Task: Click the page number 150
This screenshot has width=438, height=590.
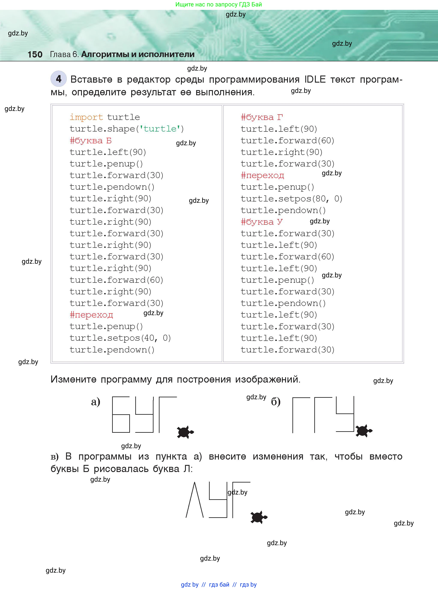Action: coord(35,54)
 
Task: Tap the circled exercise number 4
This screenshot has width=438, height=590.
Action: coord(58,79)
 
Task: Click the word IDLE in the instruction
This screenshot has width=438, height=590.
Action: coord(315,79)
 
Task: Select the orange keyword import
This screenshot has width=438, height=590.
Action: coord(86,117)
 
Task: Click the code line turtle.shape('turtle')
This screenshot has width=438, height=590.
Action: coord(126,129)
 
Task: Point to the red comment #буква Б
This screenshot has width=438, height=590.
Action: coord(90,140)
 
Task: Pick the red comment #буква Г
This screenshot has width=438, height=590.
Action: coord(262,117)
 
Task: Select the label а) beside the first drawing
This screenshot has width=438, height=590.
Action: coord(95,402)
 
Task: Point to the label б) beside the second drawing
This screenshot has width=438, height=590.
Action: coord(275,402)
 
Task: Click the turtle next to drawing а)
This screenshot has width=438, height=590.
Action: coord(185,432)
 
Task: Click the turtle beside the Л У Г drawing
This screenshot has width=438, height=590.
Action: coord(259,517)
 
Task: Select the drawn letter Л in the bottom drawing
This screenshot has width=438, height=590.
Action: coord(195,500)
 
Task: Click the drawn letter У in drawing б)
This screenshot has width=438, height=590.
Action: coord(345,414)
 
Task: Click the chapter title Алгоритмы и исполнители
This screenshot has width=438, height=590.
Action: coord(138,54)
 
